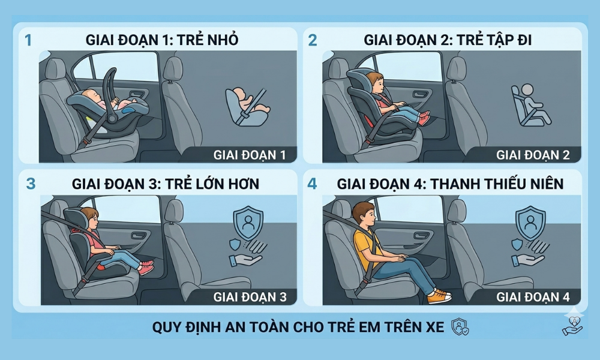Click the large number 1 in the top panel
(28, 40)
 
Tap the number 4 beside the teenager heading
(312, 183)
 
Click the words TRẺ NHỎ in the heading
(211, 40)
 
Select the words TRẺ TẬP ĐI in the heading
(494, 40)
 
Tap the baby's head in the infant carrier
(92, 97)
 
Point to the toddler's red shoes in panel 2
(424, 118)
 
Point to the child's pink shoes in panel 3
(146, 267)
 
